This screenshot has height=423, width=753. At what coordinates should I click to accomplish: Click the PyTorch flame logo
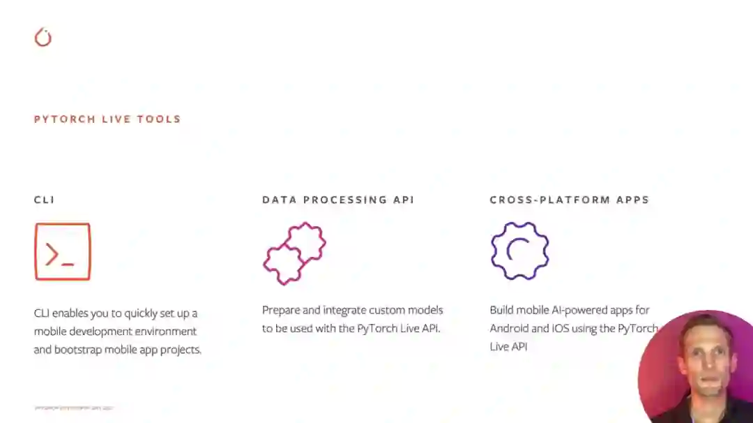point(43,37)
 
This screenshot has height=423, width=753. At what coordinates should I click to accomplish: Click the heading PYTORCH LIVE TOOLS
point(107,119)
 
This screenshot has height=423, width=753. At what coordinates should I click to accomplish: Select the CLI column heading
point(44,200)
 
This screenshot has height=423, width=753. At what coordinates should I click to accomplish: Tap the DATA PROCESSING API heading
point(338,200)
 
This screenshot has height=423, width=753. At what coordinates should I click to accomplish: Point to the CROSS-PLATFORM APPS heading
point(569,200)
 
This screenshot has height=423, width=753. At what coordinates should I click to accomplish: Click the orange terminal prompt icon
point(63,252)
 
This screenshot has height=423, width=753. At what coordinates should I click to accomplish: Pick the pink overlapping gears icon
point(294,253)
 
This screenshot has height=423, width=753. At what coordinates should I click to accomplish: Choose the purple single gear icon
point(519,251)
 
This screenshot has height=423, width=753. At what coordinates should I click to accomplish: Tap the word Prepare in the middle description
point(283,310)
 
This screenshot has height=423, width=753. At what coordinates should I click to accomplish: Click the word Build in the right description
point(502,310)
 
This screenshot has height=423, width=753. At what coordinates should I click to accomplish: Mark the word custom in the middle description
point(390,310)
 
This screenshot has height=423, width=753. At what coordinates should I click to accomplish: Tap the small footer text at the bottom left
point(73,408)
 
